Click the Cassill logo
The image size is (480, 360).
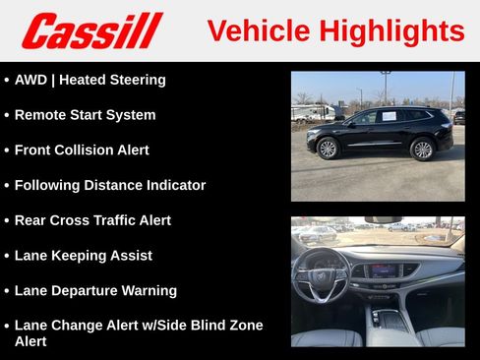(x=91, y=30)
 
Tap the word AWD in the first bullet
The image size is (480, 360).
(x=31, y=80)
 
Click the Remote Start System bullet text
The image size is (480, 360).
(x=85, y=115)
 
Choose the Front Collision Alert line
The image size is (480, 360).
(x=82, y=150)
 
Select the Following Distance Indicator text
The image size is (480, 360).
(x=110, y=185)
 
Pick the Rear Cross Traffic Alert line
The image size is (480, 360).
(x=92, y=220)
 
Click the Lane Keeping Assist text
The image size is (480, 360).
(x=84, y=256)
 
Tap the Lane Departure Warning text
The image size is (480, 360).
(x=95, y=291)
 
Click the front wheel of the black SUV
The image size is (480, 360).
(x=328, y=149)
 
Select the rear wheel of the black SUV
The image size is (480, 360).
(x=422, y=150)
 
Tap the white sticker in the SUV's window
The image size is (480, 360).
(x=389, y=116)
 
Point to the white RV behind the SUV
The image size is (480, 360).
(x=313, y=112)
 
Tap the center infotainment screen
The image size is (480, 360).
(x=383, y=270)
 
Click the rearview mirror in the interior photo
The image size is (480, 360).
(x=383, y=220)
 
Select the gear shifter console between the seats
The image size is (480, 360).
(x=390, y=320)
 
